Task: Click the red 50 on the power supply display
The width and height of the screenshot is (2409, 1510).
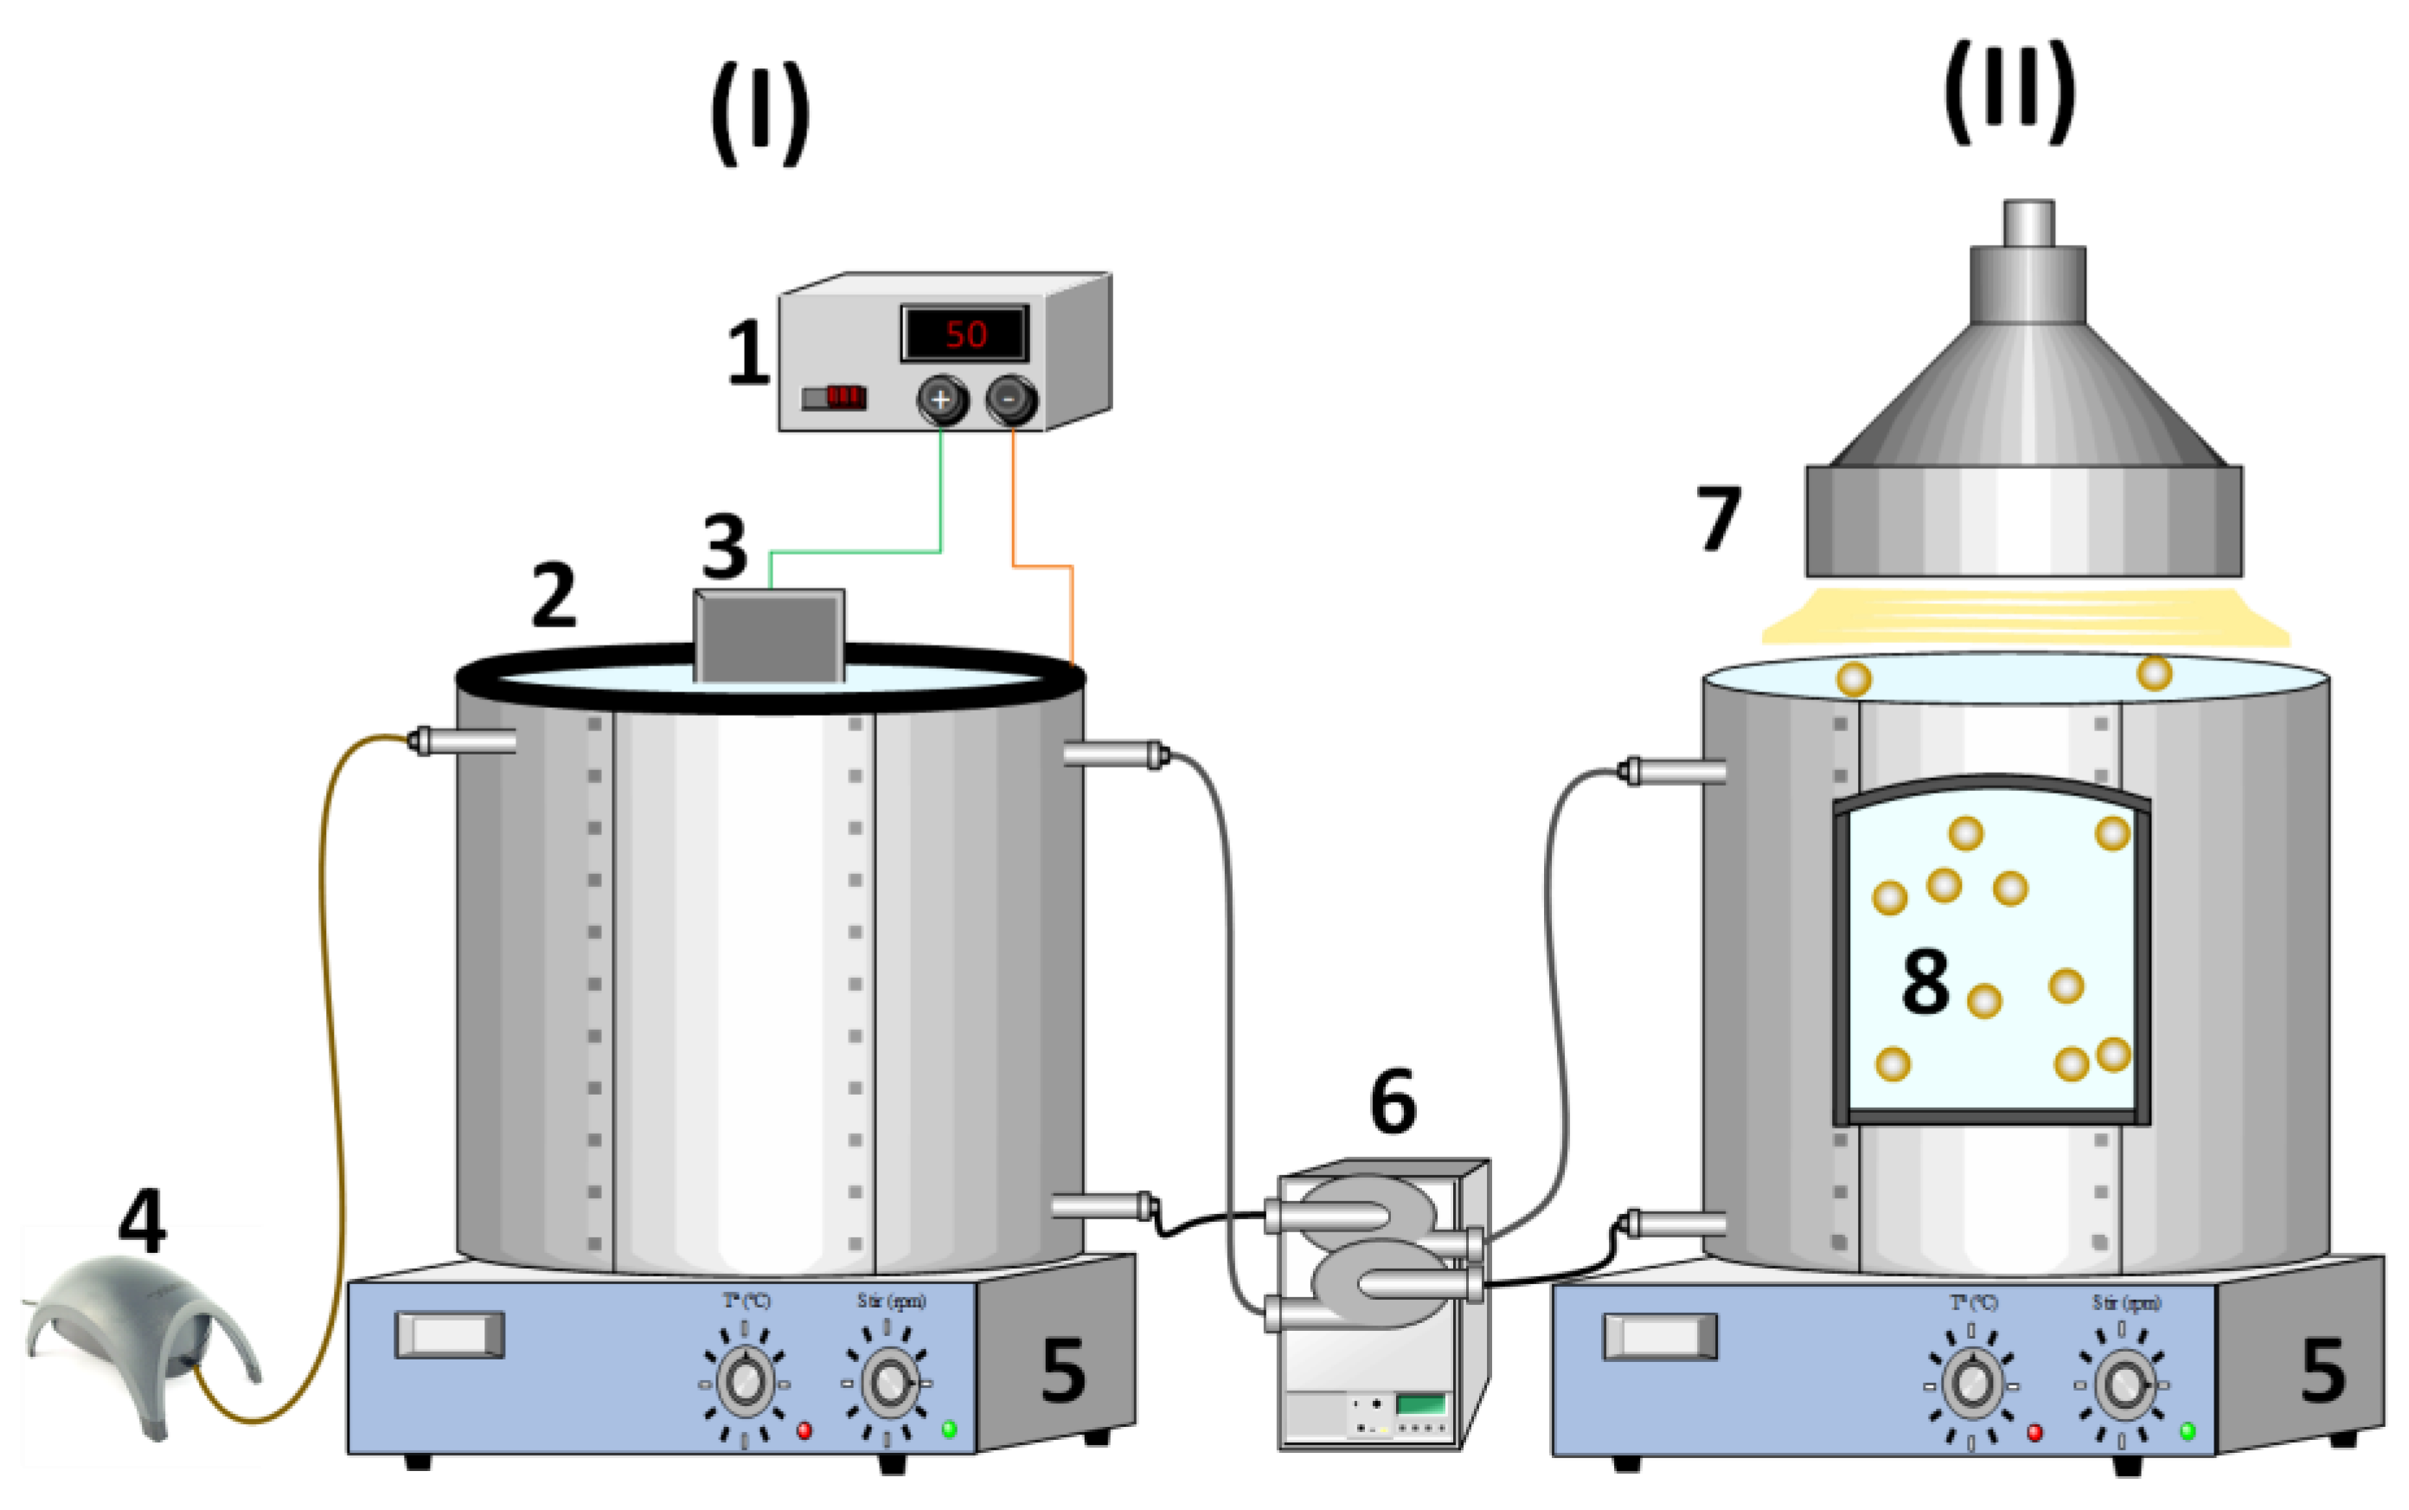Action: click(964, 333)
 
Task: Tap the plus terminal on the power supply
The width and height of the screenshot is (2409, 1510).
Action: click(940, 400)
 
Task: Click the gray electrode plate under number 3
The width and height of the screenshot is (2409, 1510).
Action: click(770, 636)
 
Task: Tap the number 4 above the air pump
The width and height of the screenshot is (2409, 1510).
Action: click(142, 1220)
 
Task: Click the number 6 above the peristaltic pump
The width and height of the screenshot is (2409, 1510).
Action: click(1393, 1102)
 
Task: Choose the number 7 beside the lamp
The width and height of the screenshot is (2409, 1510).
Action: click(1718, 518)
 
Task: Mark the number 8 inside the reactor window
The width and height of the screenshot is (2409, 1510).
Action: click(1925, 980)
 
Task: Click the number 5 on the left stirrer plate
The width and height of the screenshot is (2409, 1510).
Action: click(1062, 1370)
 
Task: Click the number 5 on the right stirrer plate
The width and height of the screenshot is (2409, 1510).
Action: click(2323, 1370)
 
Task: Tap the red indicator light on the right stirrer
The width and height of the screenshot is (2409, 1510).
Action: click(2034, 1432)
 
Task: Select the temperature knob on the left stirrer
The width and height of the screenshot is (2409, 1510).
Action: click(745, 1381)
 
